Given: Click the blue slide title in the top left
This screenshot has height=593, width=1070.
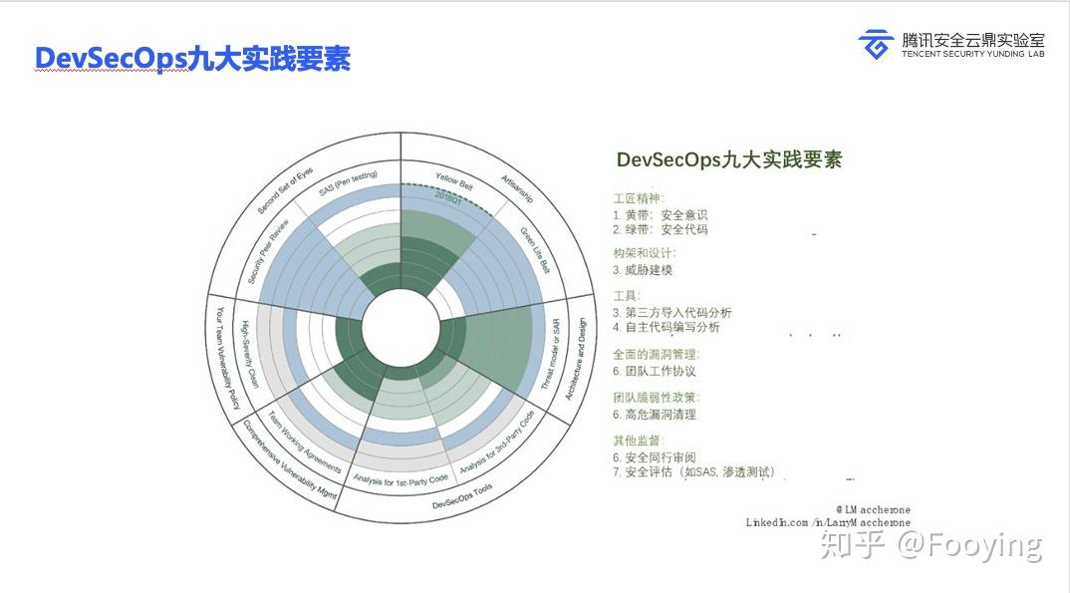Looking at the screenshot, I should (192, 59).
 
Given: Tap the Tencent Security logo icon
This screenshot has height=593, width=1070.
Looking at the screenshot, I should (876, 45).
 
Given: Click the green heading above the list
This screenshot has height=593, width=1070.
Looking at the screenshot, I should (728, 160).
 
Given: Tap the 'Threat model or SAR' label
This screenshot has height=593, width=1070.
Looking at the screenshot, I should (550, 353).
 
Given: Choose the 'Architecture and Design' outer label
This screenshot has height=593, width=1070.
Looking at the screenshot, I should (576, 352).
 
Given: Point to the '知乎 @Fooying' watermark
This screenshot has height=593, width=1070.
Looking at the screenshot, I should (931, 544).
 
